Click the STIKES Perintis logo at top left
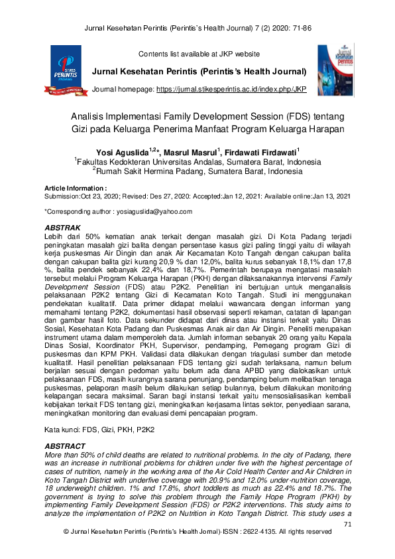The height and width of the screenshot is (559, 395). coord(65,71)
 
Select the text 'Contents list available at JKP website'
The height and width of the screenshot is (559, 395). coord(198,54)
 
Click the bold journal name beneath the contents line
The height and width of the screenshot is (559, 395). coord(199,71)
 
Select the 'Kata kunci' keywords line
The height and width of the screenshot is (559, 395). coord(99,430)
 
